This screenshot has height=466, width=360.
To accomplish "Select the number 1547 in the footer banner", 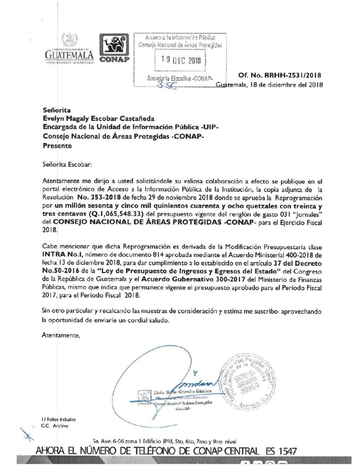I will point(285,451).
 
